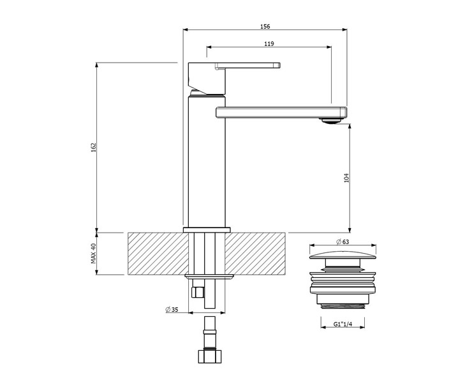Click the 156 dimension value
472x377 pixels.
coord(265,26)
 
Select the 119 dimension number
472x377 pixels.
coord(269,43)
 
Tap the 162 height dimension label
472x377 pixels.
coord(94,147)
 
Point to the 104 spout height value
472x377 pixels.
coord(346,178)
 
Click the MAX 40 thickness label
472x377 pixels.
coord(94,253)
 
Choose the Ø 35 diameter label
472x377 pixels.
coord(172,309)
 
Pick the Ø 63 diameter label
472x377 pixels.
coord(343,242)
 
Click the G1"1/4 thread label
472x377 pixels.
coord(343,324)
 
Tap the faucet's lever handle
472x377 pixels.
coord(247,65)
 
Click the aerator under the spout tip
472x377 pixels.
coord(330,120)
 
